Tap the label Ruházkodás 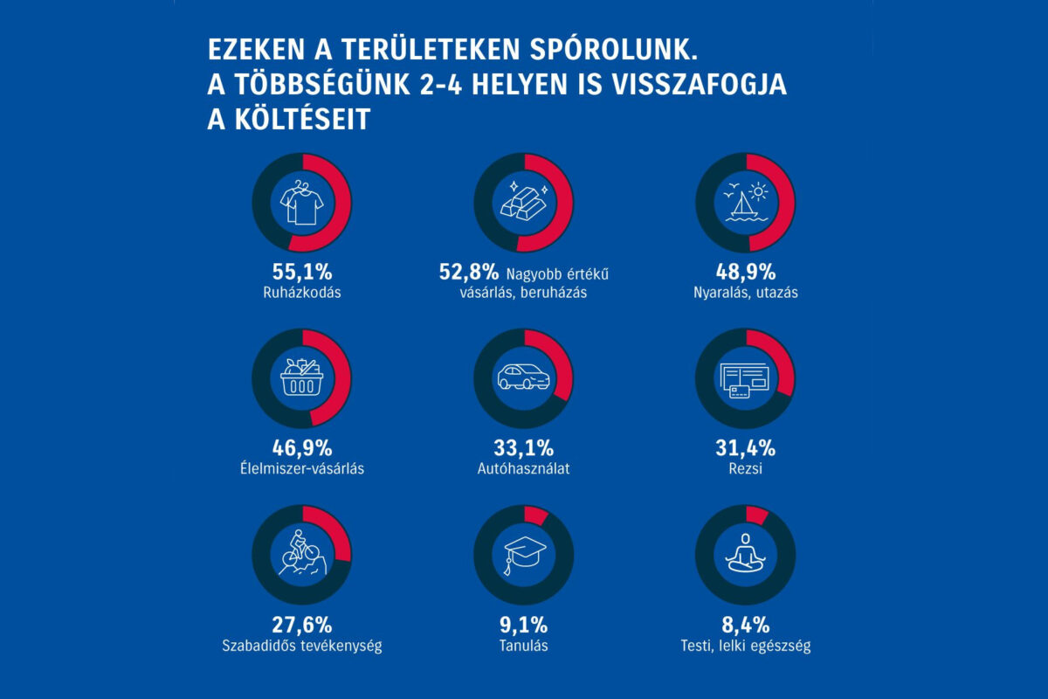(x=301, y=294)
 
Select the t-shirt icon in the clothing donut (x=301, y=202)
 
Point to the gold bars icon (x=523, y=202)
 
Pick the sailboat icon (x=744, y=202)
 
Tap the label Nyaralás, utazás (x=744, y=294)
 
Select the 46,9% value (x=301, y=448)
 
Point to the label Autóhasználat (x=523, y=468)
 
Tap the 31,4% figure (x=744, y=448)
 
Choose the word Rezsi (x=744, y=468)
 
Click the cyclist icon (x=301, y=554)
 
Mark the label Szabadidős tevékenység (x=301, y=647)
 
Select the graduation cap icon (x=523, y=554)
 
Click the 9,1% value (x=523, y=625)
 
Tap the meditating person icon (x=744, y=553)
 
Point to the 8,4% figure (x=744, y=625)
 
